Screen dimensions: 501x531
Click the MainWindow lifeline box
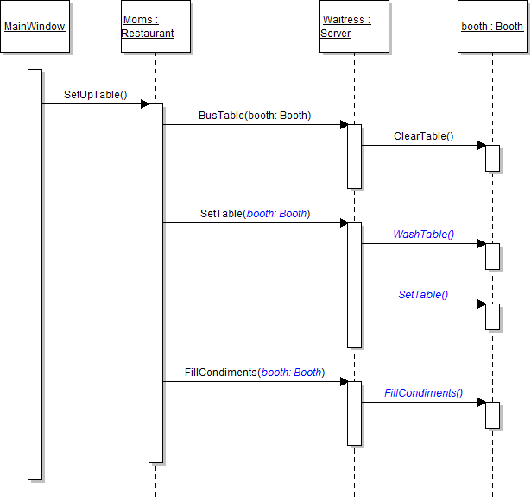click(x=35, y=27)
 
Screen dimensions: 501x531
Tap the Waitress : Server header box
click(x=354, y=27)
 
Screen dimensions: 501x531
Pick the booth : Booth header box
click(x=492, y=27)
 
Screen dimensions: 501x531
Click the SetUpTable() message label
click(x=95, y=94)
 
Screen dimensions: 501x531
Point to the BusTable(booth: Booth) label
click(x=254, y=115)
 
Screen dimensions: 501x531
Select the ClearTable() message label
click(x=423, y=135)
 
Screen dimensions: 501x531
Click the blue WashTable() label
click(x=423, y=234)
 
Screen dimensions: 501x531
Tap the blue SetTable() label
click(x=423, y=294)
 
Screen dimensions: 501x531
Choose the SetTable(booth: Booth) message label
click(x=255, y=213)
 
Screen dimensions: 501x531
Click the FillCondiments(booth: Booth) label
click(x=254, y=372)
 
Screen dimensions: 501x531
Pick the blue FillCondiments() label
click(x=423, y=392)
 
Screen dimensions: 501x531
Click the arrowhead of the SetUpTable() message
click(x=144, y=104)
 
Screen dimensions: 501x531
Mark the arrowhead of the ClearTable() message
click(x=481, y=146)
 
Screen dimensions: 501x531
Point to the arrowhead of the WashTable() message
click(x=481, y=244)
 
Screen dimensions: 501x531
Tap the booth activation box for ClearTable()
click(x=492, y=158)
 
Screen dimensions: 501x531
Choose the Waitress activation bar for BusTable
click(x=354, y=156)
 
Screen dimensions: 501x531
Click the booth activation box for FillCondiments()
click(x=492, y=415)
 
